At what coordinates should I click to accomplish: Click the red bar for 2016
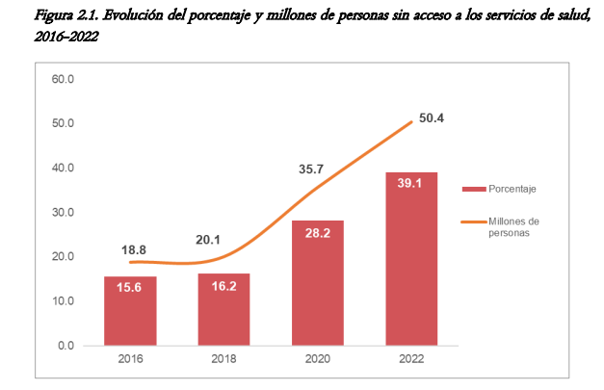pos(131,310)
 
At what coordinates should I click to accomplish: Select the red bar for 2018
pos(223,309)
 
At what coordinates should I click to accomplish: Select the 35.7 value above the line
pos(310,169)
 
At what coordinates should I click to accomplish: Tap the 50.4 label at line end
pos(431,118)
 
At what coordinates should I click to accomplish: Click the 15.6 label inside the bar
pos(131,288)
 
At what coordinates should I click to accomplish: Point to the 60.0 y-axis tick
pos(63,78)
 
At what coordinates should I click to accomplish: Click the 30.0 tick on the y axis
pos(63,212)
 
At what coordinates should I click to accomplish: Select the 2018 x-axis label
pos(223,362)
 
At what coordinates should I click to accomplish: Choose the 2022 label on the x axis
pos(411,362)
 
